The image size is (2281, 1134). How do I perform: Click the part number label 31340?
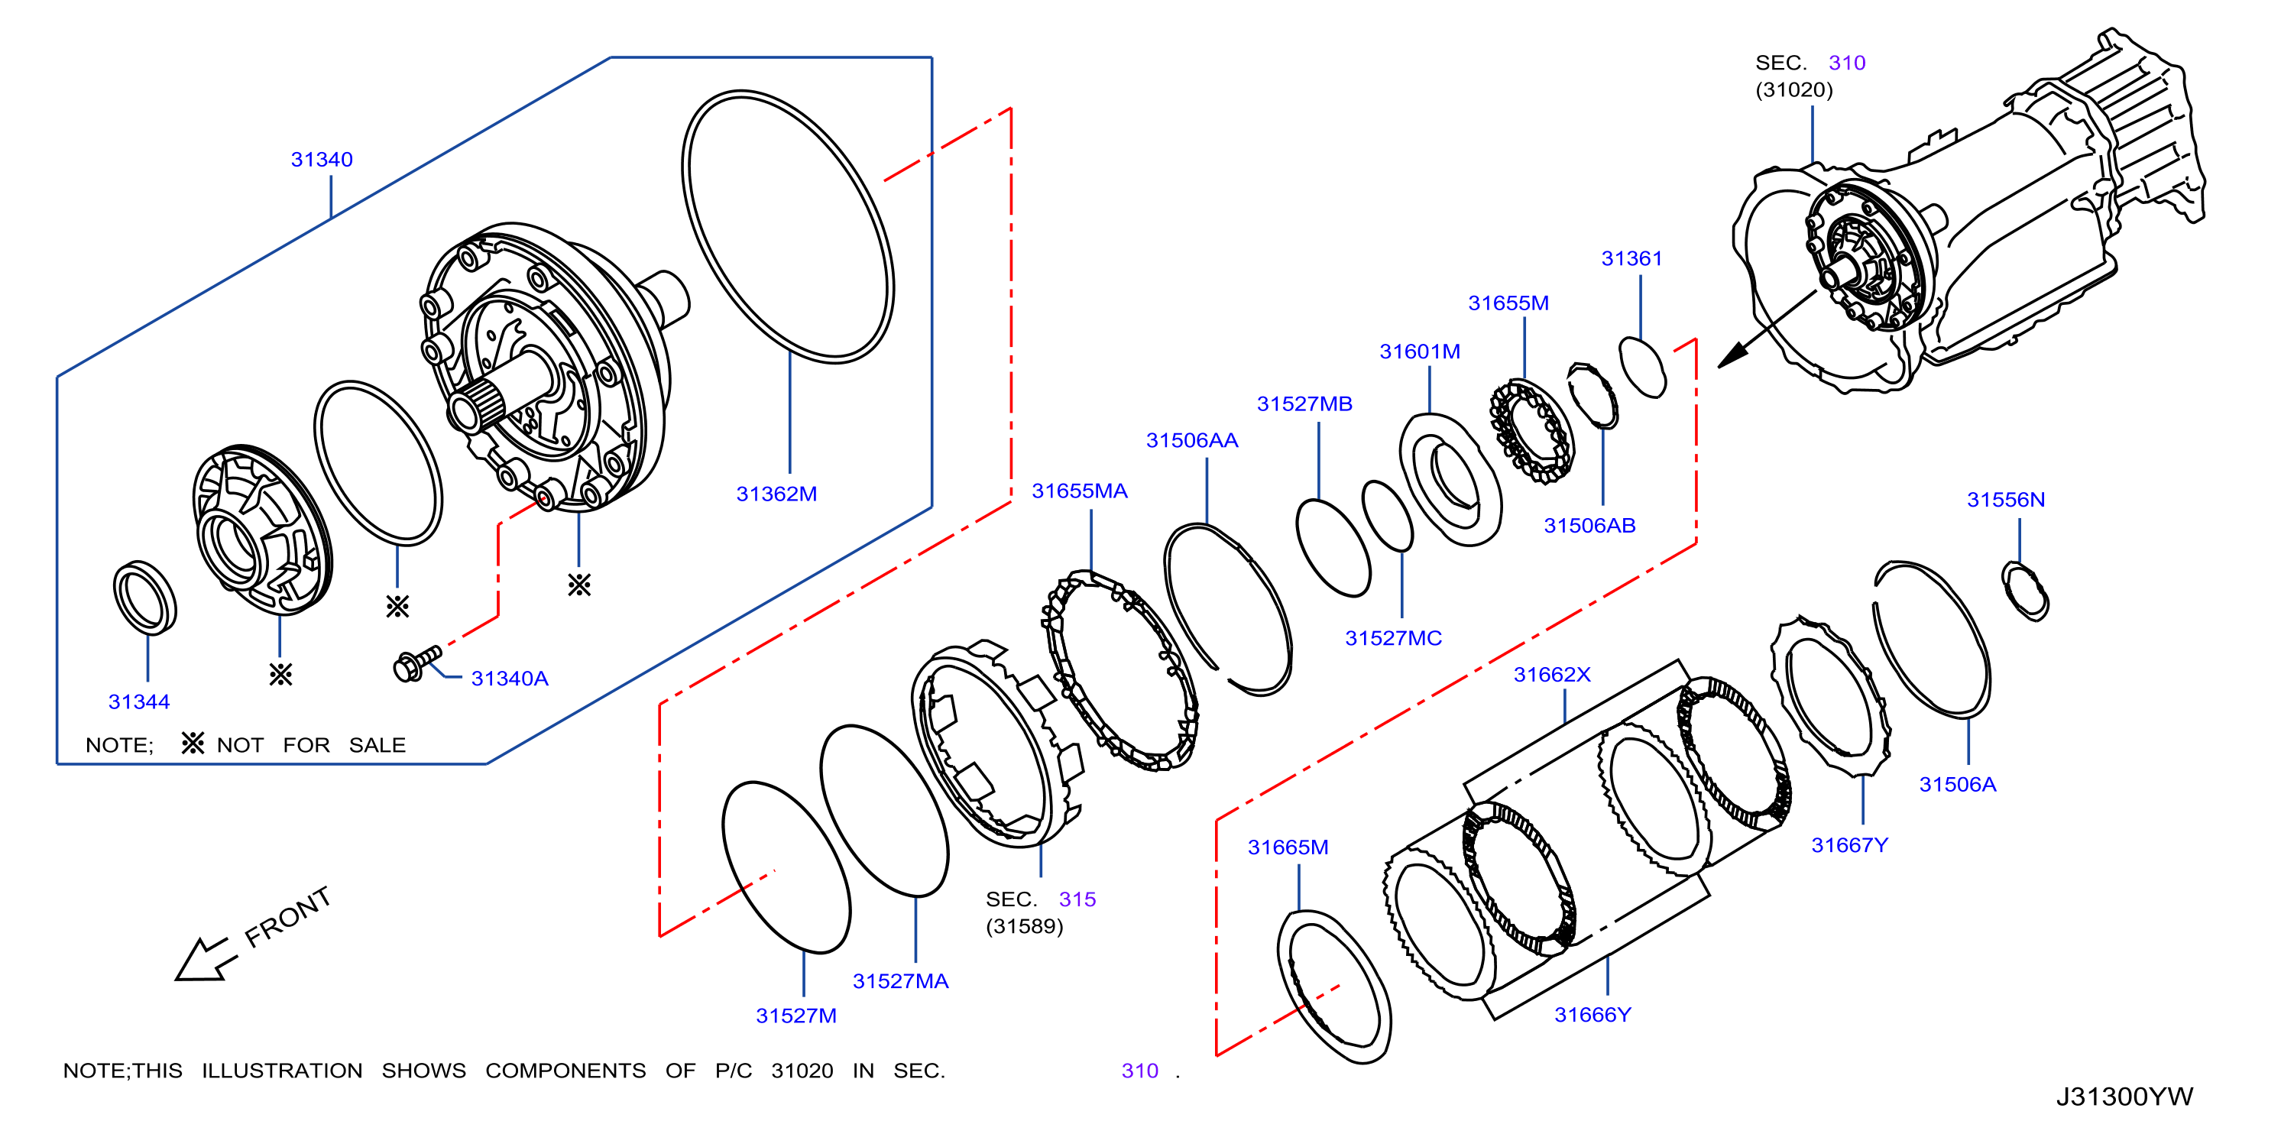[x=322, y=160]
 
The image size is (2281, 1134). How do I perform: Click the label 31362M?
[x=776, y=494]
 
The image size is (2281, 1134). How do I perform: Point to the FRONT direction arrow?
[x=207, y=960]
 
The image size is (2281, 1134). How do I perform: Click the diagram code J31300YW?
[x=2124, y=1097]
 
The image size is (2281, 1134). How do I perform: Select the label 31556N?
[x=2006, y=499]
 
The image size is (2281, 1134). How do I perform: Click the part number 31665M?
[x=1288, y=847]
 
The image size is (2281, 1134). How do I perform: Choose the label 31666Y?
[x=1592, y=1015]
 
